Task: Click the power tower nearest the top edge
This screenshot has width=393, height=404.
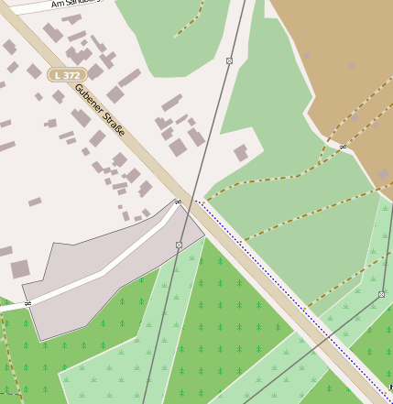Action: point(229,60)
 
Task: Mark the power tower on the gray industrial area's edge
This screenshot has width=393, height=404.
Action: point(179,245)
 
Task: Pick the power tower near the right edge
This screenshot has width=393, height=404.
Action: point(381,294)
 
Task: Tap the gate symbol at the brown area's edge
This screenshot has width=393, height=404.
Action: point(343,146)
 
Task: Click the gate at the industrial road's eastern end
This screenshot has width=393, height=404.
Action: point(177,202)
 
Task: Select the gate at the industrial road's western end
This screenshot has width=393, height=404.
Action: point(27,302)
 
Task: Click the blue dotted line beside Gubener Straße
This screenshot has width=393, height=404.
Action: point(275,275)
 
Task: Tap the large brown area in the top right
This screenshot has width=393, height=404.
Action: point(339,55)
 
